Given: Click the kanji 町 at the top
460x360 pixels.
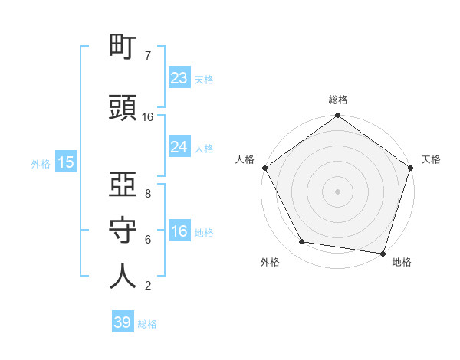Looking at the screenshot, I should pyautogui.click(x=123, y=49).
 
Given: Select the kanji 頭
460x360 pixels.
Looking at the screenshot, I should pyautogui.click(x=123, y=109).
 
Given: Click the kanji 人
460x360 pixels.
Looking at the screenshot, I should pyautogui.click(x=123, y=277).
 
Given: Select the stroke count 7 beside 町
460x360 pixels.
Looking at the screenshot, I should pyautogui.click(x=147, y=56).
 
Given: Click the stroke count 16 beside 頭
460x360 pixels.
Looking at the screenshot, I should pyautogui.click(x=148, y=116).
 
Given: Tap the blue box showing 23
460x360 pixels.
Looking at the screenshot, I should pyautogui.click(x=179, y=77).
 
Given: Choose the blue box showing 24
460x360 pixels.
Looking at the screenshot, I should pyautogui.click(x=179, y=147).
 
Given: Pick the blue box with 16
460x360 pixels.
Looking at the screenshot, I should pyautogui.click(x=179, y=231).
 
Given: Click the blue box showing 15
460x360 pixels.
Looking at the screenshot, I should pyautogui.click(x=65, y=162).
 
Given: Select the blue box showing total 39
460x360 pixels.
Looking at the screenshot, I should pyautogui.click(x=123, y=322).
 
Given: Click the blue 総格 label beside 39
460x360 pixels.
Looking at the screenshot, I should pyautogui.click(x=147, y=324).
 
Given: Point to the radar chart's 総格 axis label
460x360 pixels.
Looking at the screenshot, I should pyautogui.click(x=338, y=100).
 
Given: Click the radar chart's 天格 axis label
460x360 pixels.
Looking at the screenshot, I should pyautogui.click(x=431, y=159).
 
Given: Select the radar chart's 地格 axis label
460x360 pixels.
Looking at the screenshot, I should pyautogui.click(x=402, y=262).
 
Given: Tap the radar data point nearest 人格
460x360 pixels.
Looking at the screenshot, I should pyautogui.click(x=264, y=168).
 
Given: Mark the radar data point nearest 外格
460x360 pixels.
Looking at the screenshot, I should pyautogui.click(x=302, y=242).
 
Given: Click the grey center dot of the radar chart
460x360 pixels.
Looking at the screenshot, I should pyautogui.click(x=338, y=191).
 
